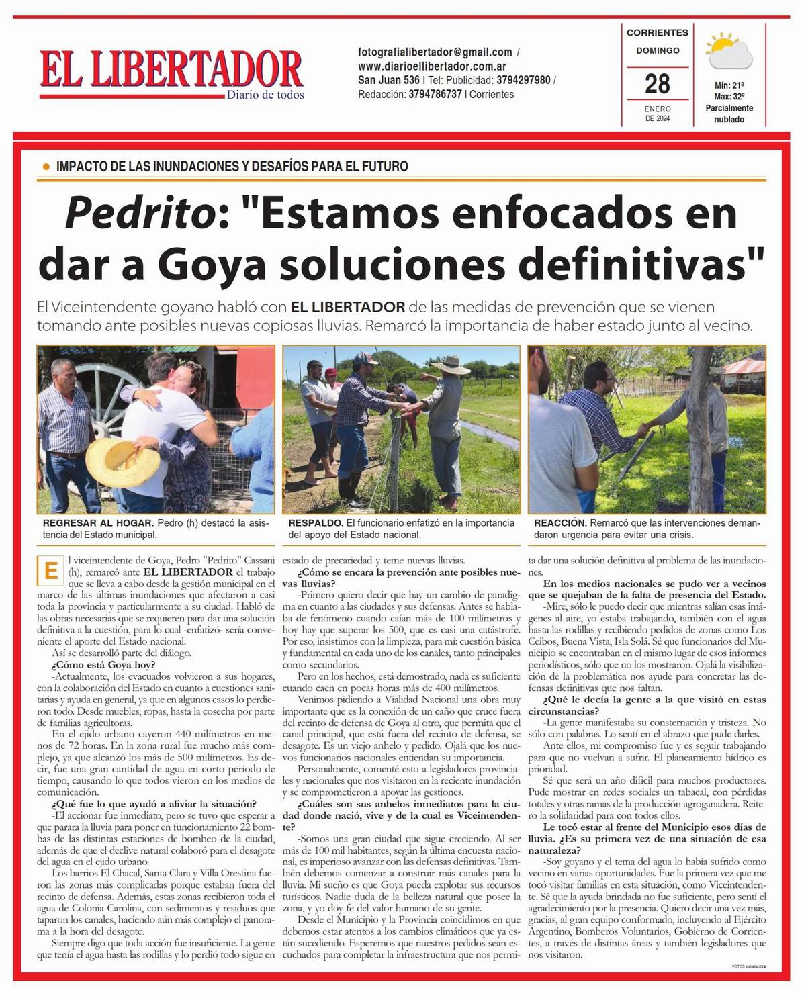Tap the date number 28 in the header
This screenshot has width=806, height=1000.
tap(657, 84)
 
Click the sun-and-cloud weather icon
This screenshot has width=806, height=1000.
tap(729, 52)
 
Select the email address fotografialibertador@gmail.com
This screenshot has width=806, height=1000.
tap(435, 52)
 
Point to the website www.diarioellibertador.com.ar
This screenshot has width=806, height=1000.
tap(432, 66)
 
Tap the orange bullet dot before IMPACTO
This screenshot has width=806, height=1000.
tap(46, 166)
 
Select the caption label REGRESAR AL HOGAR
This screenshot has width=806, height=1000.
tap(98, 523)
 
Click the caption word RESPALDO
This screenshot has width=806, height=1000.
tap(315, 523)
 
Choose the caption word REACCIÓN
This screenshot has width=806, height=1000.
tap(560, 523)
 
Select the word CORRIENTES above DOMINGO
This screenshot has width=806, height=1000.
tap(657, 32)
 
